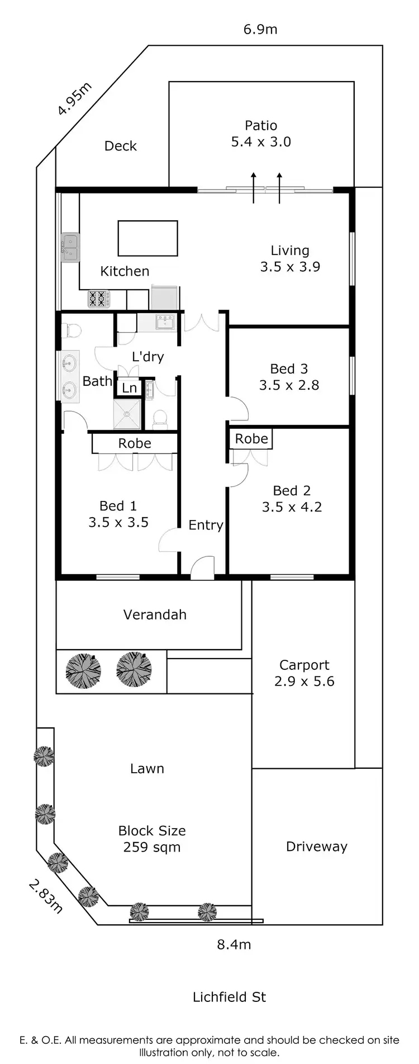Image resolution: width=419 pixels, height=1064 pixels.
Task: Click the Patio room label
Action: pos(261,126)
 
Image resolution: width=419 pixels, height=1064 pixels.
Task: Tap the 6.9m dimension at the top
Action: pos(260,29)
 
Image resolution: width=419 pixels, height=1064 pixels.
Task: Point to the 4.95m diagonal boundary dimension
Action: pos(75,99)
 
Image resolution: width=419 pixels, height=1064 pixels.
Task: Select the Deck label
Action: pos(121,146)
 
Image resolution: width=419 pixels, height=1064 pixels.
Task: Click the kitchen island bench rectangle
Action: pos(147,238)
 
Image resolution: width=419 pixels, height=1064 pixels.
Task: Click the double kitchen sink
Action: pos(70,247)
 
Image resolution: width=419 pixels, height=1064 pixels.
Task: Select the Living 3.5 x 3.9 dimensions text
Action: pos(290,267)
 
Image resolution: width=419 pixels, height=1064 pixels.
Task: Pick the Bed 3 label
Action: pos(289,369)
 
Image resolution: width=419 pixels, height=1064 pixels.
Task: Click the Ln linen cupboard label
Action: pos(130,388)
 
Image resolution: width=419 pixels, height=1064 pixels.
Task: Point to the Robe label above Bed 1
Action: pos(135,443)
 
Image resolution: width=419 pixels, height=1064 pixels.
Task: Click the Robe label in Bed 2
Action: pos(251,439)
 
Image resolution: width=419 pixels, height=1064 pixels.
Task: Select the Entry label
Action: pos(206,525)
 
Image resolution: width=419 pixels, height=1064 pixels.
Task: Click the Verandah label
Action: pos(155,614)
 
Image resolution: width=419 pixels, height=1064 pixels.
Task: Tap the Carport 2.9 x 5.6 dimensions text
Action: pos(304,681)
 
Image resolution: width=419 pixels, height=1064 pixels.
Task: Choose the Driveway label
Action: pos(316,847)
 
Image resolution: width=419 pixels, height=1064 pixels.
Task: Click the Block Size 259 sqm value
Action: pos(151,847)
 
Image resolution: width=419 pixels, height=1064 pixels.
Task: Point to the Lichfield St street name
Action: pos(229,997)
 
